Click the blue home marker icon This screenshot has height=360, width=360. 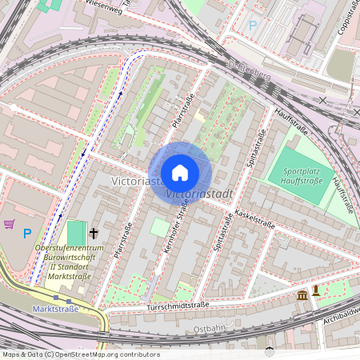pos(180,173)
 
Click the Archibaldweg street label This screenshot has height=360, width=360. pos(340,302)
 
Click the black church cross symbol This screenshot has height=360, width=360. pos(94,234)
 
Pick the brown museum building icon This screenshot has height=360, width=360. pos(302,297)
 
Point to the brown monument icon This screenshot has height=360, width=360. pos(316,290)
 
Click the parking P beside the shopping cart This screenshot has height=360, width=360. pos(26,234)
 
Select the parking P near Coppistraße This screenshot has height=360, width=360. pos(253,26)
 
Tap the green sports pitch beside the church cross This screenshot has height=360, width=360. pos(75,234)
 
